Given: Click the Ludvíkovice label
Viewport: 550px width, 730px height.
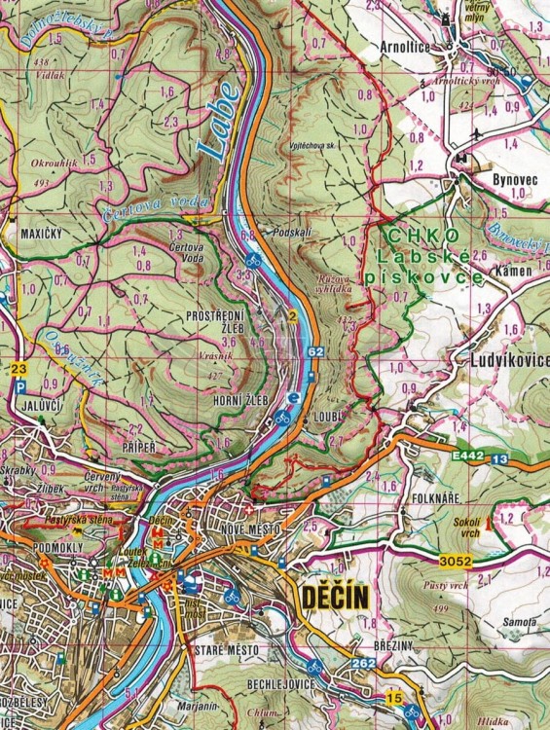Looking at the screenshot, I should (503, 360).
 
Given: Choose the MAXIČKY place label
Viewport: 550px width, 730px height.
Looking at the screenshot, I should (42, 235).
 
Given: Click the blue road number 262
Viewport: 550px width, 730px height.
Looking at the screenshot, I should (364, 664).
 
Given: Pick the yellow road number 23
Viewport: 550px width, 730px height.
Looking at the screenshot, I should (19, 369).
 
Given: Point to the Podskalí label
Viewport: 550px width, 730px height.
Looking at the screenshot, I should (292, 235).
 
